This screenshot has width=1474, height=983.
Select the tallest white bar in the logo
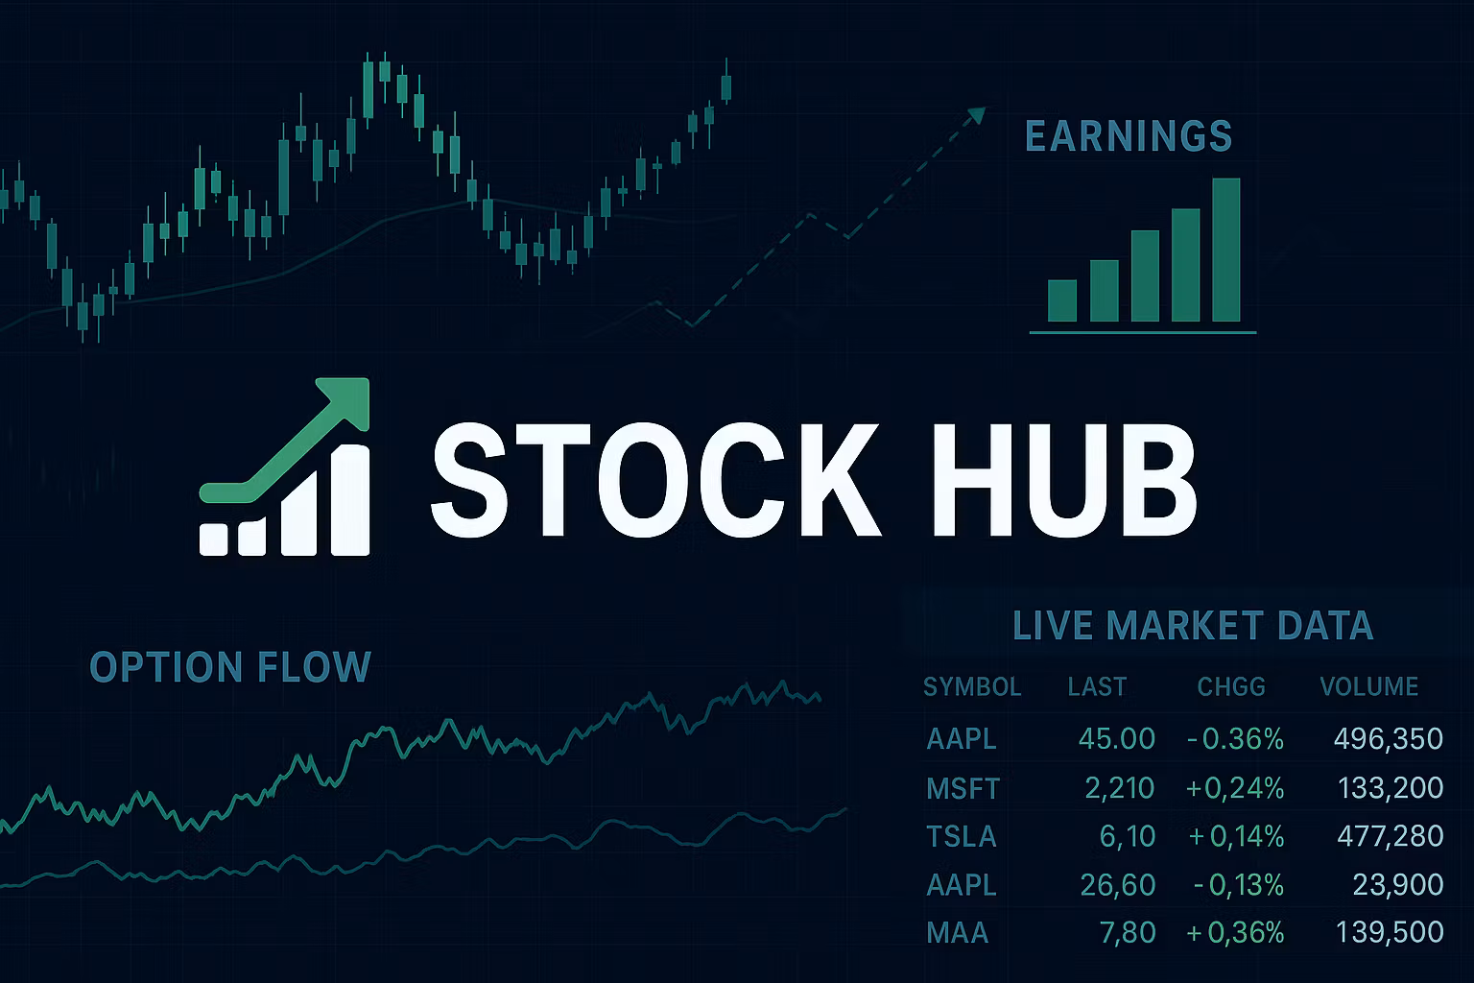click(349, 499)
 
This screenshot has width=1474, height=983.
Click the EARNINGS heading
click(1129, 136)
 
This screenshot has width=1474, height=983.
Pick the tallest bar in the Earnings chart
click(1225, 250)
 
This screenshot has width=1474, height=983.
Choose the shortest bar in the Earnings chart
click(1061, 300)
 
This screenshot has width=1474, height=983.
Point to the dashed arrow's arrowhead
click(976, 116)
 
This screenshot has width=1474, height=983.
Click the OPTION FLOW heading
click(230, 667)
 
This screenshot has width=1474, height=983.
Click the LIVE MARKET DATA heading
click(1193, 626)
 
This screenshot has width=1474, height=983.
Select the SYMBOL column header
click(971, 687)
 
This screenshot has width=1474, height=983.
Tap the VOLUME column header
click(1368, 687)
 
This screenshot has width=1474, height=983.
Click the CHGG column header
click(1231, 687)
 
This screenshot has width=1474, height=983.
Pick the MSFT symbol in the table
click(963, 789)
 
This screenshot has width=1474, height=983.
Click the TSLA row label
click(962, 837)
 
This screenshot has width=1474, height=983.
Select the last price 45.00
click(1116, 739)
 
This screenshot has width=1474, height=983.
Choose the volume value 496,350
click(1388, 739)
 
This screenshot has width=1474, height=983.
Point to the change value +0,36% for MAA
click(1235, 932)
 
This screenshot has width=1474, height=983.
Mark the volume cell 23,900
click(1397, 884)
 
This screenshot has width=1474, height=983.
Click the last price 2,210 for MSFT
click(1119, 789)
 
